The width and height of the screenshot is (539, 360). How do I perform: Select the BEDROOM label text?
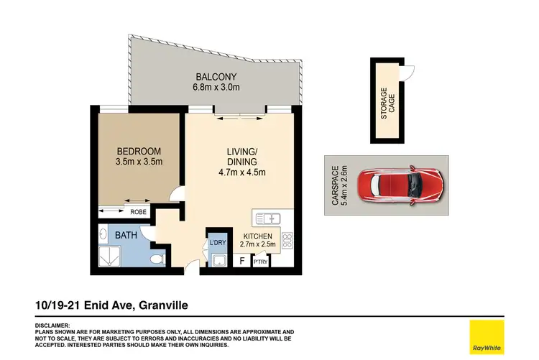point(139,151)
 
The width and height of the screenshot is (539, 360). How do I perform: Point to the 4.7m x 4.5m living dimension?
point(242,172)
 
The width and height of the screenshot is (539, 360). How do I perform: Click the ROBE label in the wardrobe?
point(139,211)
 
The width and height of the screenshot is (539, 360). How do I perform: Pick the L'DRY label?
point(217,243)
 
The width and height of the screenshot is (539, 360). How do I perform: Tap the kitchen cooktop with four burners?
point(287,239)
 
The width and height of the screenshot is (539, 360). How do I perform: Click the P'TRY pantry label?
point(259,262)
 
